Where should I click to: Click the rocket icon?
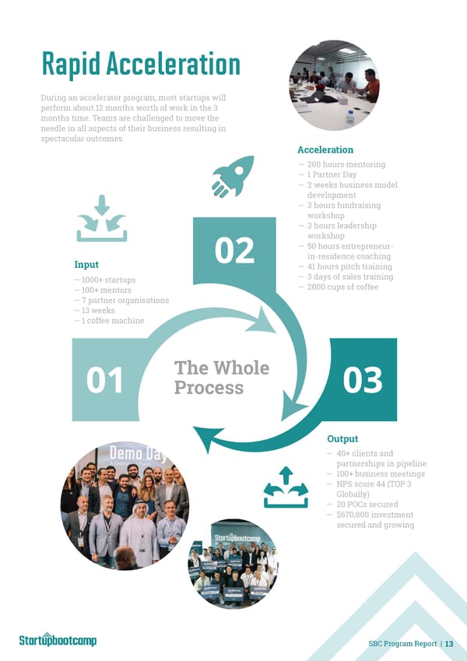pos(233,176)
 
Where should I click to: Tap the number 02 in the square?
pos(233,251)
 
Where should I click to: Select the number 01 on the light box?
pos(104,381)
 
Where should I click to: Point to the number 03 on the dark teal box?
pos(362,381)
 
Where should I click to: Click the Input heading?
pos(86,265)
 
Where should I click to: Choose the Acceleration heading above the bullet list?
pos(325,149)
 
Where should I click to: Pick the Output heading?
pos(342,439)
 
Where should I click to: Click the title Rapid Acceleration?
pos(140,65)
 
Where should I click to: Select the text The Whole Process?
pos(221,378)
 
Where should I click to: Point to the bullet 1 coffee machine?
pos(109,321)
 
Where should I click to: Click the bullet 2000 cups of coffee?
pos(342,287)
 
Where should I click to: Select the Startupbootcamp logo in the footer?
pos(58,640)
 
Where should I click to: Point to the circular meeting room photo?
pos(334,85)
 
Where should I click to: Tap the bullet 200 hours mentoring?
pos(346,165)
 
